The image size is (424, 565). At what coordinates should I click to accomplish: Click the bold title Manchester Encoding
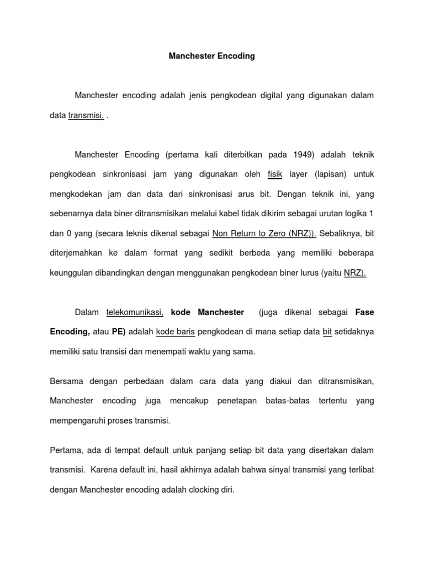point(212,56)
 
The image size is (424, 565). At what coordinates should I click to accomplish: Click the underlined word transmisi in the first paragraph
point(86,116)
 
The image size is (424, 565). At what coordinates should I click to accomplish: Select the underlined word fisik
point(275,174)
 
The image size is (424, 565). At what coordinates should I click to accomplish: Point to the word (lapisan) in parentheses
point(331,174)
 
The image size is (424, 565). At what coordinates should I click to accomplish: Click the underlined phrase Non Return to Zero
point(249,233)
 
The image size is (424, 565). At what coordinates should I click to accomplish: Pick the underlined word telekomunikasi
point(135,312)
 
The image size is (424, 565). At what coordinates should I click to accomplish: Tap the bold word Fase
point(364,312)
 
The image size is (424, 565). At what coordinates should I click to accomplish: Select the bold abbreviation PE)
point(119,332)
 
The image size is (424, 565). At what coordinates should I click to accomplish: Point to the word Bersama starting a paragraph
point(65,381)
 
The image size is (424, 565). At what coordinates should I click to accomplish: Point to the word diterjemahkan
point(76,253)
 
